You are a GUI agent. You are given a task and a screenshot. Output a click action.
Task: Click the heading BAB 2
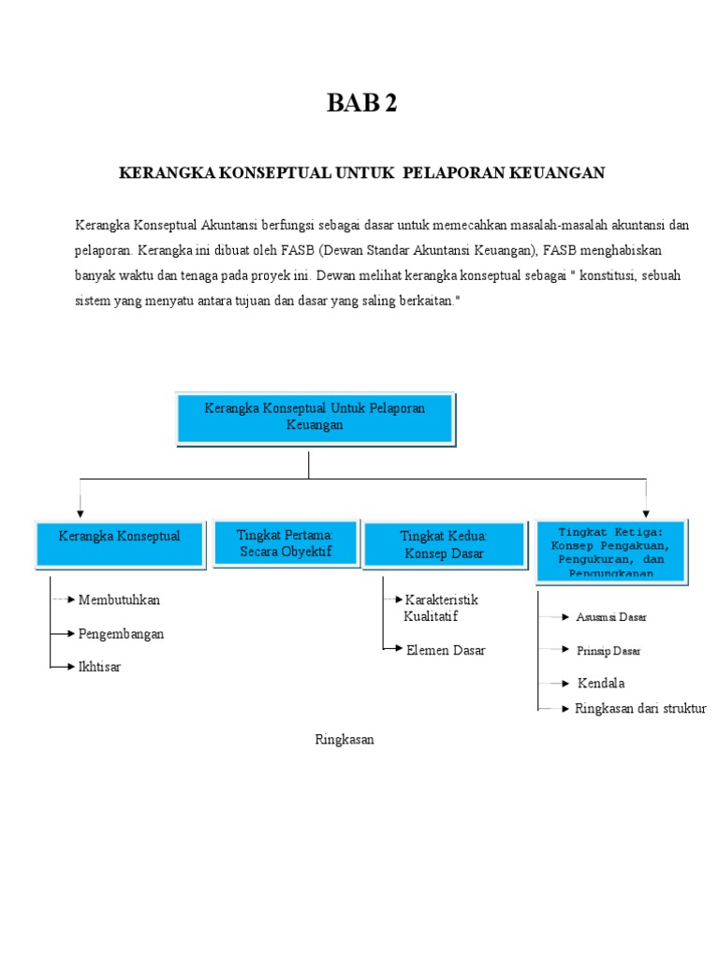tap(361, 104)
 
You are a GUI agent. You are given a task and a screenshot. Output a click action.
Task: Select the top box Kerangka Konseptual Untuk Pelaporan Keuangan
tap(315, 417)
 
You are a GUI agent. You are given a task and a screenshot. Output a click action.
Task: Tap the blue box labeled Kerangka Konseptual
tap(119, 543)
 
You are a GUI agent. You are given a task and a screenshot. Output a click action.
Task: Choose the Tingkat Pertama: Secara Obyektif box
tap(285, 543)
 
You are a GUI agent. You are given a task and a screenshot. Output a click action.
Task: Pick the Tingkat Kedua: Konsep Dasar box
tap(444, 544)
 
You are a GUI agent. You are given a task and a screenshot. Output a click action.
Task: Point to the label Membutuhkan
tap(113, 599)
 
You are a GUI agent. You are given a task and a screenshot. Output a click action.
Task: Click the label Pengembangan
tap(121, 634)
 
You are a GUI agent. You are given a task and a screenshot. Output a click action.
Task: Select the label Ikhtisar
tap(99, 667)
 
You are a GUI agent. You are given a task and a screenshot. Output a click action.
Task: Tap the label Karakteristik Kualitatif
tap(440, 607)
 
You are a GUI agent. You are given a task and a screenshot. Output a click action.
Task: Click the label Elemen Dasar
tap(446, 650)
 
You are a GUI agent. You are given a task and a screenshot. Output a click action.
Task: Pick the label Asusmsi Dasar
tap(611, 617)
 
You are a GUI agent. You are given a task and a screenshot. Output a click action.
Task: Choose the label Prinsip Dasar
tap(609, 650)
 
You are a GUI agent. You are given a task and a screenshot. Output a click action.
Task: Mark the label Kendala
tap(601, 683)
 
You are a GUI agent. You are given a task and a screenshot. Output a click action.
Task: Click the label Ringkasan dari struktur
tap(640, 709)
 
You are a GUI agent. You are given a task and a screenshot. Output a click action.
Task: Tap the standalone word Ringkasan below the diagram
tap(344, 740)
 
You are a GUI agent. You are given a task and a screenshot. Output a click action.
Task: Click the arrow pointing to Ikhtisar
tap(64, 667)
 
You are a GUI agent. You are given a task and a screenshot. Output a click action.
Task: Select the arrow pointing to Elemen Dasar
tap(394, 648)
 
